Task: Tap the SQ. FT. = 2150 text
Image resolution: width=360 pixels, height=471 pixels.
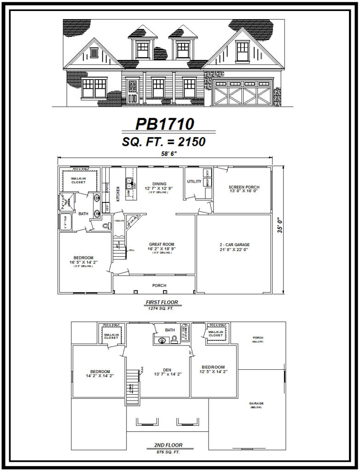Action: (163, 142)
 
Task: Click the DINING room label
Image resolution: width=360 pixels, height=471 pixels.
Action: (159, 184)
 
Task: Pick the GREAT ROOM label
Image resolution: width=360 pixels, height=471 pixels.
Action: (162, 244)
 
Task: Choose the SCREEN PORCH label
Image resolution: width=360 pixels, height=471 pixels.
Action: (244, 187)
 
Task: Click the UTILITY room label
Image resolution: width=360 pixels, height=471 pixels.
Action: (194, 182)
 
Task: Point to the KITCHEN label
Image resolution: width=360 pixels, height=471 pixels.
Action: (118, 194)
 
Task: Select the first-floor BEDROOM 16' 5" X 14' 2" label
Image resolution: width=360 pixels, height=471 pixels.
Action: (83, 258)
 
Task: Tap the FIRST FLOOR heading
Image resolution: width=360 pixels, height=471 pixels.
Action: (162, 302)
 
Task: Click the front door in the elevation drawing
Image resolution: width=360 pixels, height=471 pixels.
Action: (132, 91)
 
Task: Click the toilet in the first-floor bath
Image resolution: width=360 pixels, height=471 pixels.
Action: (106, 226)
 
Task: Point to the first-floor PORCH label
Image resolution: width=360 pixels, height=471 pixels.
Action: (159, 286)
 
